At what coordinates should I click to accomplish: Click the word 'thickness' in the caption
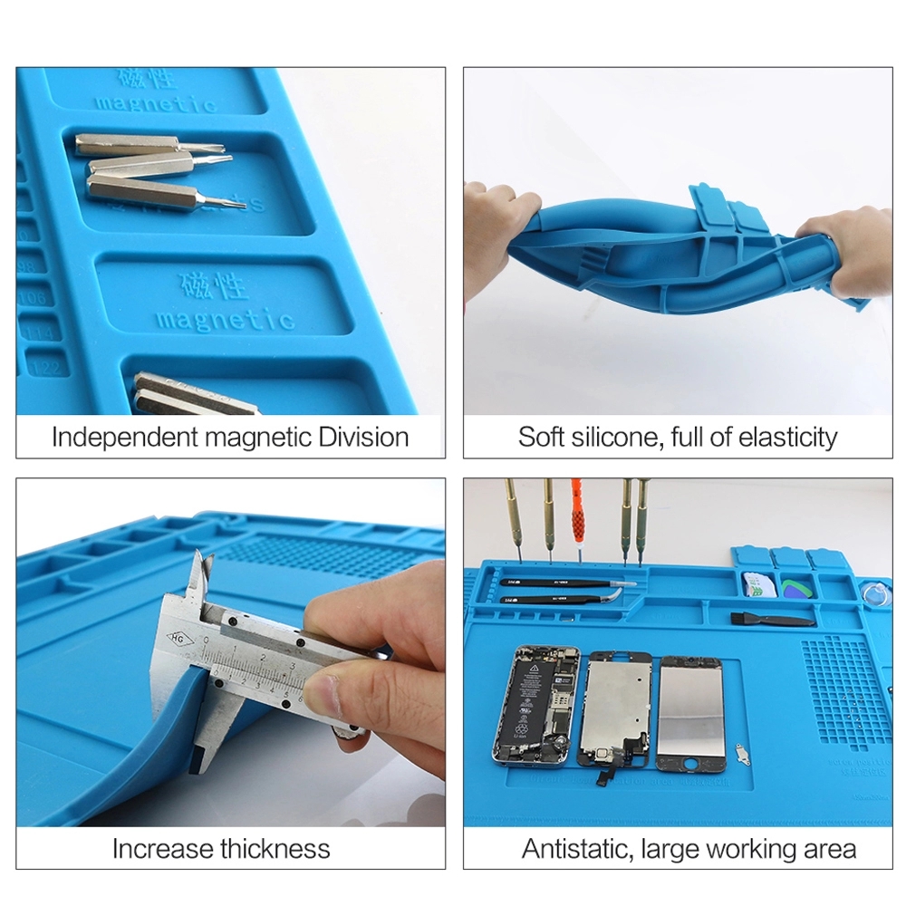[x=275, y=849]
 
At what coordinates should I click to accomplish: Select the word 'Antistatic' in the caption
[x=576, y=849]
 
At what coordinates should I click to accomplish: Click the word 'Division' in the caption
[x=363, y=437]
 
